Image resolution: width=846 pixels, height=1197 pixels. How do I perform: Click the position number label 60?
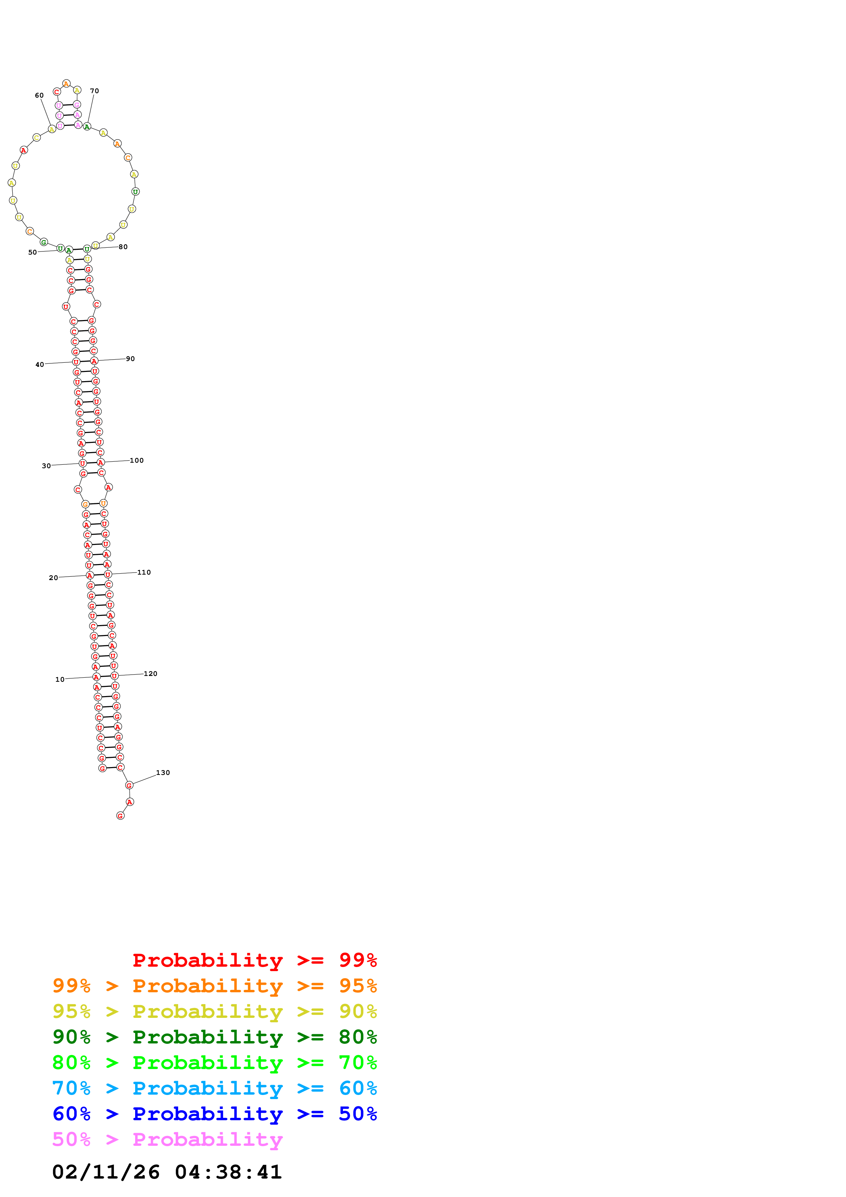click(39, 96)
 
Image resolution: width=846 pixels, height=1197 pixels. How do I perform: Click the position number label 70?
click(94, 91)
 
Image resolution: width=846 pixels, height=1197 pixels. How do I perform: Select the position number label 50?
click(32, 252)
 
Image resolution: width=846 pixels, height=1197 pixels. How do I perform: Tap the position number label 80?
click(123, 247)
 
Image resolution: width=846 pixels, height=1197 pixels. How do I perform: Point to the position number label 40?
click(40, 364)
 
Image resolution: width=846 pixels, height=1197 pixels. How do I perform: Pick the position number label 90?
click(130, 359)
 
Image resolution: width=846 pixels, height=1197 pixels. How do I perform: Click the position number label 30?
click(46, 465)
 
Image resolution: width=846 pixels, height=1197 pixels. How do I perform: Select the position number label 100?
click(137, 460)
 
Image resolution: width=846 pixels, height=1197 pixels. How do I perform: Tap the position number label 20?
click(53, 578)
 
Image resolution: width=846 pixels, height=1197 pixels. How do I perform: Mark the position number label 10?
click(60, 679)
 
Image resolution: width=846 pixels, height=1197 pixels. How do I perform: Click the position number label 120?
click(150, 674)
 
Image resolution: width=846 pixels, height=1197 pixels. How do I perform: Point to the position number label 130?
click(163, 773)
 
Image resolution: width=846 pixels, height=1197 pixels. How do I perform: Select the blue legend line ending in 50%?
click(214, 1114)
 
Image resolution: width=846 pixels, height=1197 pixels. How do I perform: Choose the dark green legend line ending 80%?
click(214, 1037)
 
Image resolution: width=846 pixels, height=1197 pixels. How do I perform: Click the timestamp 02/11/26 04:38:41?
click(167, 1172)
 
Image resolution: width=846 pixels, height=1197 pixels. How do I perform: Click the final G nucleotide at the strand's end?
click(120, 816)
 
